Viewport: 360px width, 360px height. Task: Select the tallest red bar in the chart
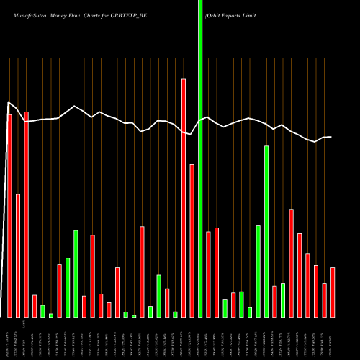[x=184, y=198]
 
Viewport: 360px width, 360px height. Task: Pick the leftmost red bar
[x=10, y=216]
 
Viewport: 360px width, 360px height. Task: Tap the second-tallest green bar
[x=266, y=230]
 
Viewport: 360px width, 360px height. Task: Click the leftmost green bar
[x=42, y=310]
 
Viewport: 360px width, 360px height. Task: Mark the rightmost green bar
[x=283, y=300]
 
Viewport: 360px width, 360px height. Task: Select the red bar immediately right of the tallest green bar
[x=208, y=274]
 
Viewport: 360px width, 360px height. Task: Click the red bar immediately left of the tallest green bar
[x=192, y=240]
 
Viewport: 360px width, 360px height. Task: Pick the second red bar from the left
[x=18, y=256]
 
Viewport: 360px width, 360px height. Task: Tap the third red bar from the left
[x=26, y=215]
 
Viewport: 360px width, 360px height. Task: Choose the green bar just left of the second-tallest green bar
[x=258, y=271]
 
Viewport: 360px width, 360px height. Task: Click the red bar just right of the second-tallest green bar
[x=274, y=301]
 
